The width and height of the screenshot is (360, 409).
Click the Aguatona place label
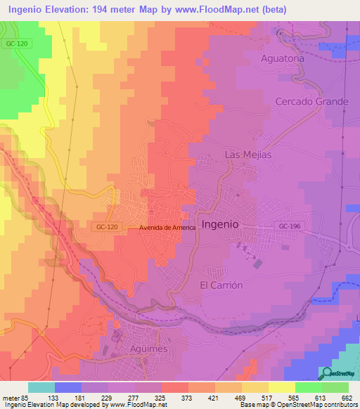click(282, 58)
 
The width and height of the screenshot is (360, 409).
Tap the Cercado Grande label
click(311, 101)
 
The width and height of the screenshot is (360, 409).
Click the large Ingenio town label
click(220, 223)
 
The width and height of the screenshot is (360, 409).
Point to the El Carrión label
click(221, 285)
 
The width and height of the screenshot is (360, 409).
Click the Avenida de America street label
click(167, 228)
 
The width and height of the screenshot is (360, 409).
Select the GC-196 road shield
click(288, 226)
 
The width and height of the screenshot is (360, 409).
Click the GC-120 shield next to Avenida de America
click(104, 226)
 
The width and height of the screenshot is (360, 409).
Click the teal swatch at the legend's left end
click(41, 387)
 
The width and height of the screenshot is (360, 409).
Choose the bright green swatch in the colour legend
click(308, 387)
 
